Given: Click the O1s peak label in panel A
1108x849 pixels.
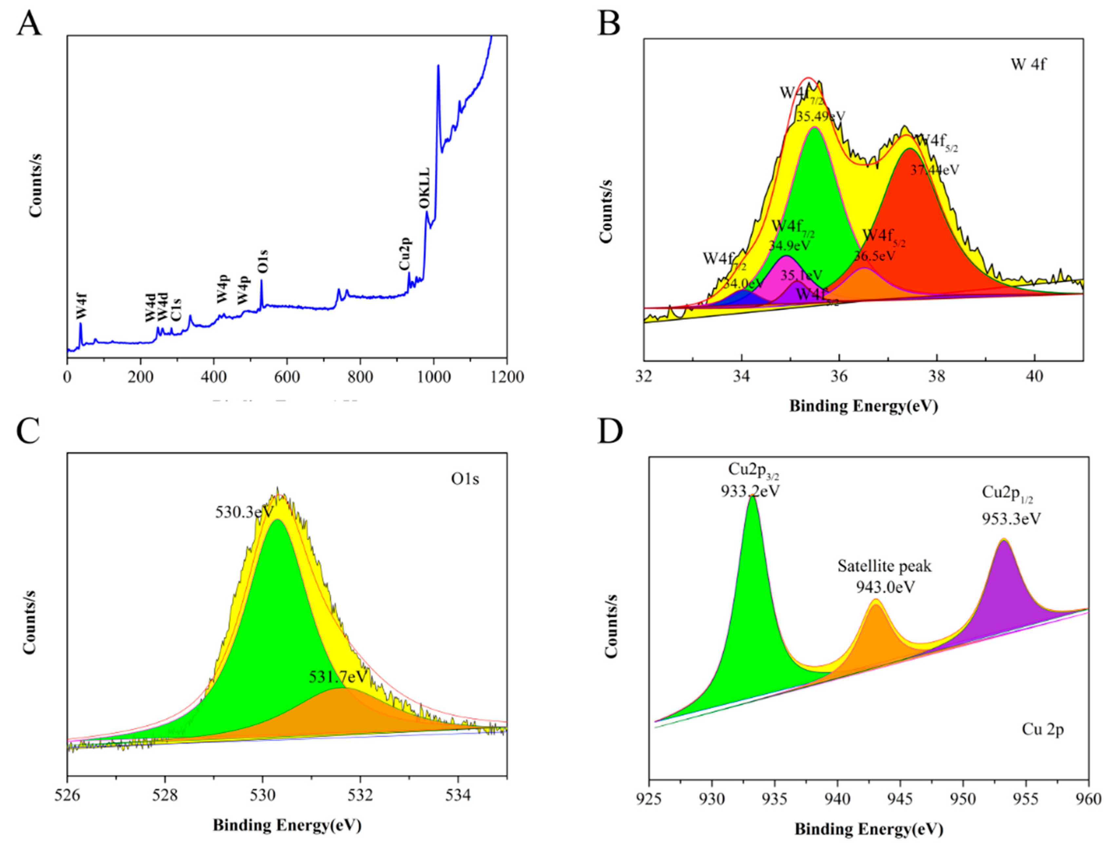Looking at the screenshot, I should (263, 262).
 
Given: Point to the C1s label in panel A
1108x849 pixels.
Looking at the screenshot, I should (176, 309).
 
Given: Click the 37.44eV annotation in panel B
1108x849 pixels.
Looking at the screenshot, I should (935, 170).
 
